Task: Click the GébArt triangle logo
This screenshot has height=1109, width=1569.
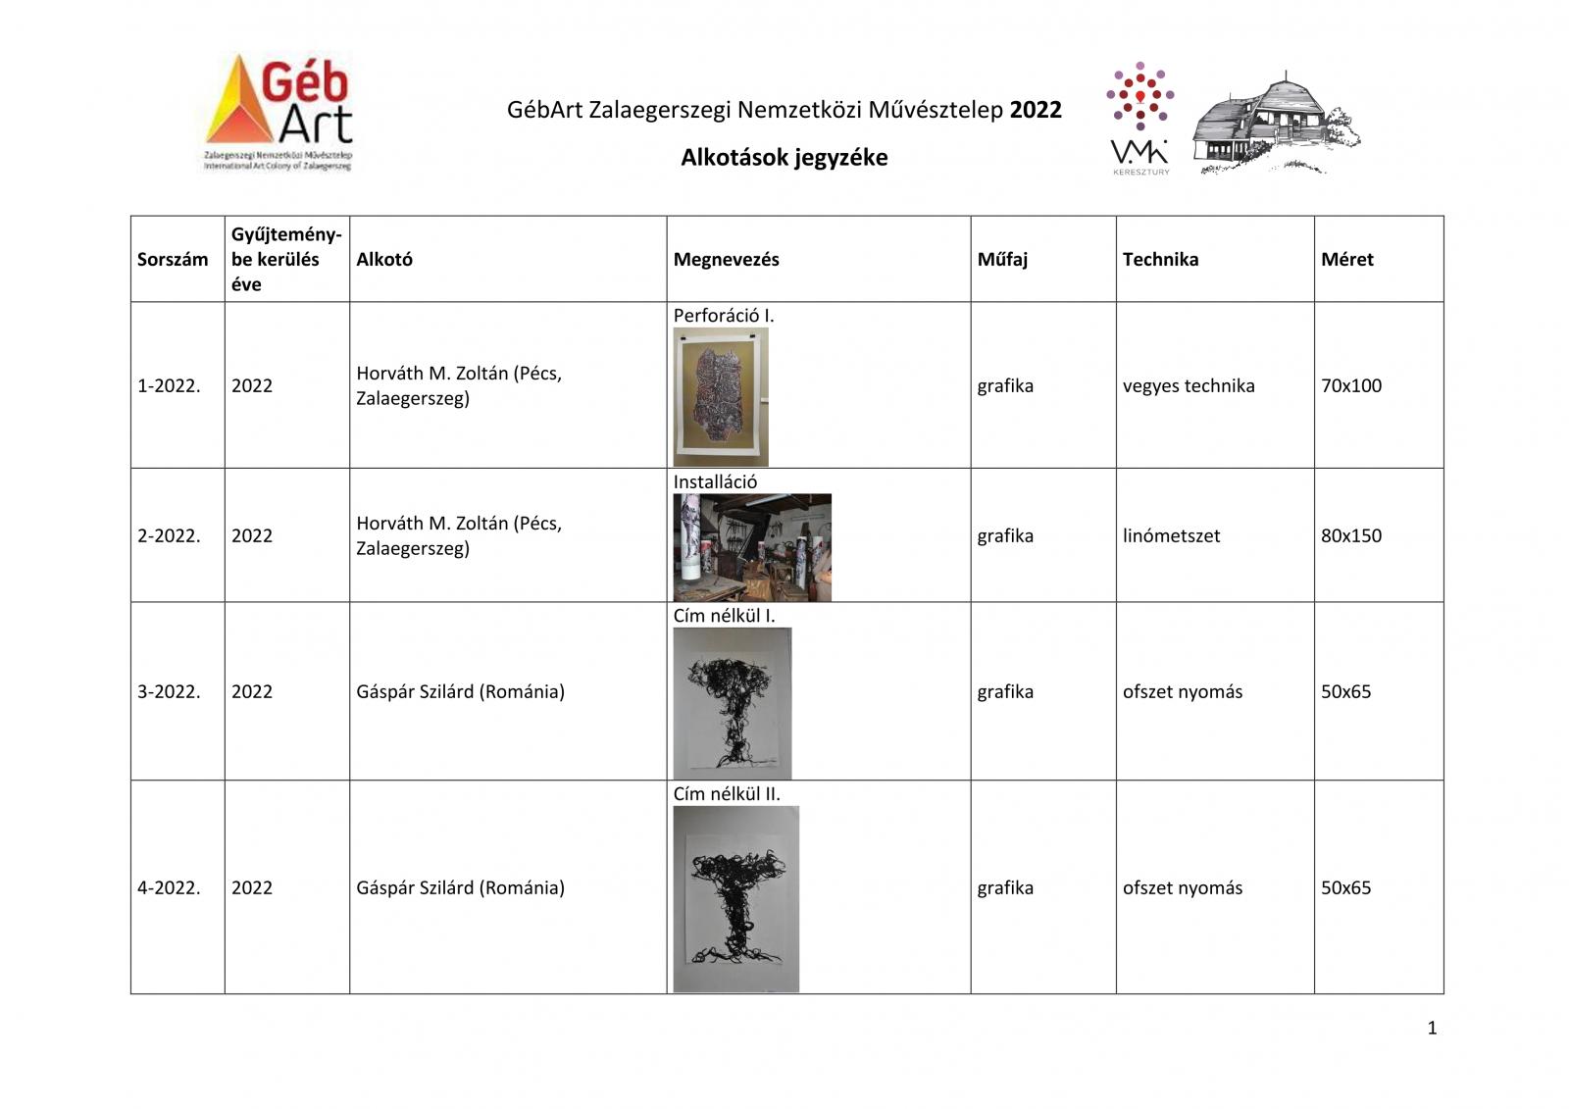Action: coord(278,112)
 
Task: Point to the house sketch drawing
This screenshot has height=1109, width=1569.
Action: coord(1275,124)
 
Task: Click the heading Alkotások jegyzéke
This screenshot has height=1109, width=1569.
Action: coord(784,158)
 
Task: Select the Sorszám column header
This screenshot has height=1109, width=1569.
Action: coord(173,260)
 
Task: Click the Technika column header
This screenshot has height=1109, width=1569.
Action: coord(1160,260)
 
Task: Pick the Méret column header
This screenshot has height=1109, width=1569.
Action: coord(1346,260)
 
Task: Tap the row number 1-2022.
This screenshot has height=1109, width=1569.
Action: coord(169,386)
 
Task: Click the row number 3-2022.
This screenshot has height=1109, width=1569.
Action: coord(169,692)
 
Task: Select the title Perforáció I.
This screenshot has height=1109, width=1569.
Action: coord(723,316)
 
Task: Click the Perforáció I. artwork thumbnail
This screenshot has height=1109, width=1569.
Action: coord(721,397)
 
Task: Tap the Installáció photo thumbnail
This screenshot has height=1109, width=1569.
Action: coord(752,547)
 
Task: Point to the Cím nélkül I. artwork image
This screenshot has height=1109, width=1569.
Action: coord(732,704)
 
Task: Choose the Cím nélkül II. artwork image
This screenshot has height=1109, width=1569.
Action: coord(735,899)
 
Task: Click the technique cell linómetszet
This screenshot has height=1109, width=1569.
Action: coord(1171,536)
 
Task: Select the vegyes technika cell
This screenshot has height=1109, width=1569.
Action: coord(1189,386)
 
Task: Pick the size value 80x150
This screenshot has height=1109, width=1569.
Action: coord(1350,536)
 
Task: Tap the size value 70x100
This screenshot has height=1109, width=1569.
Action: coord(1350,386)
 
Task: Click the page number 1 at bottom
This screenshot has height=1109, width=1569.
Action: coord(1432,1029)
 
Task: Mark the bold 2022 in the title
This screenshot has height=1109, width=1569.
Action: coord(1036,110)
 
